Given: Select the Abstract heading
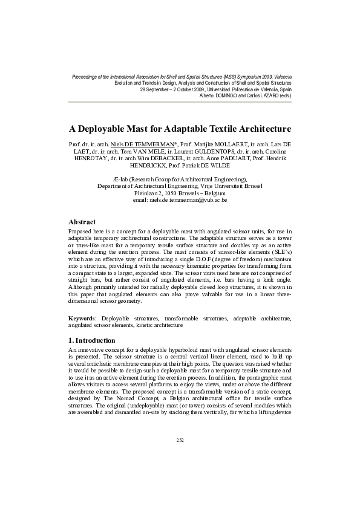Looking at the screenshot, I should [82, 222].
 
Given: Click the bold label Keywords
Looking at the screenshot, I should [83, 318].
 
